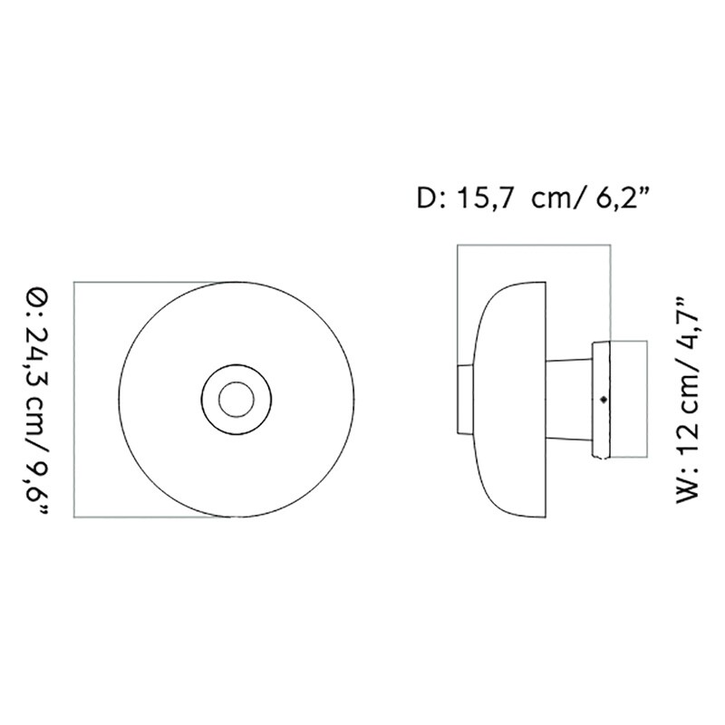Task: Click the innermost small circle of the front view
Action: [236, 399]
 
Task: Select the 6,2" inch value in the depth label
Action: [623, 198]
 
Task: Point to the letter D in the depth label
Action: [425, 198]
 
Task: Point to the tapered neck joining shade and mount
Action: [569, 399]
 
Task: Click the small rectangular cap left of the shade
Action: [463, 399]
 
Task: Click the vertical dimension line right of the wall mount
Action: [647, 399]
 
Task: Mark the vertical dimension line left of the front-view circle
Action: [74, 399]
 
